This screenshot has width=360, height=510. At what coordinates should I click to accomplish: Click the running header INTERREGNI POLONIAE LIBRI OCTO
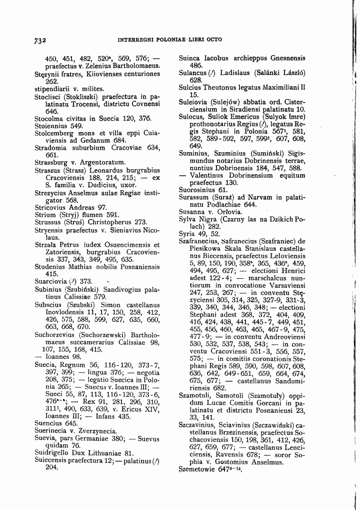click(x=169, y=39)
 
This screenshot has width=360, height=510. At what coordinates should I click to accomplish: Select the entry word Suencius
click(x=49, y=423)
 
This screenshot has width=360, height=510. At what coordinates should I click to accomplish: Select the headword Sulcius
click(x=190, y=87)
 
